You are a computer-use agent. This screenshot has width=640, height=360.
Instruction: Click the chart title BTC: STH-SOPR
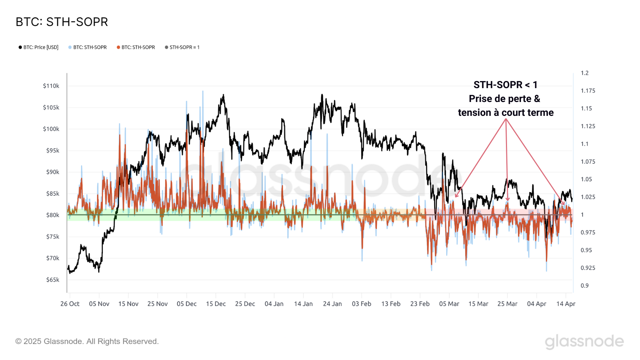point(62,22)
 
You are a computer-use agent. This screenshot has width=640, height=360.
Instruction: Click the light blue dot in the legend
point(70,47)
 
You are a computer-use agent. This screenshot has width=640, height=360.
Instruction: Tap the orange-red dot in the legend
point(118,47)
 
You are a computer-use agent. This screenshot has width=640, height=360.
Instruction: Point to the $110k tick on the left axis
point(51,86)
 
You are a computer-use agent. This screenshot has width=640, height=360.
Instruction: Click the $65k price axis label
point(53,280)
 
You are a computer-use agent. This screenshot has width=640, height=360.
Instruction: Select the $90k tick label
point(53,172)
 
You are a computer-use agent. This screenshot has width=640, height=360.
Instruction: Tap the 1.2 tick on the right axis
point(585,73)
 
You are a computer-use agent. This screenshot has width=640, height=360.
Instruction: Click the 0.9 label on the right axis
point(585,286)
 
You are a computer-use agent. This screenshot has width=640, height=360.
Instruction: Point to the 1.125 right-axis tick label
point(588,126)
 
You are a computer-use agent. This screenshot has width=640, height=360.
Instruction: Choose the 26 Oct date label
point(70,304)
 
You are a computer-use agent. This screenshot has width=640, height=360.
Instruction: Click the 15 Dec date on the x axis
point(216,304)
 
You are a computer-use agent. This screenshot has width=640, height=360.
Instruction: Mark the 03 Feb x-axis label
point(362,304)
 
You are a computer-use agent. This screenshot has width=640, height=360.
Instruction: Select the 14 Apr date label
point(566,304)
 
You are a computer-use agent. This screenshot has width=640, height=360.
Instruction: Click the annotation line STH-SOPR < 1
point(505,85)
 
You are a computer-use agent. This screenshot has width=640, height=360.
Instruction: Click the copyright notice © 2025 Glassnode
point(87,342)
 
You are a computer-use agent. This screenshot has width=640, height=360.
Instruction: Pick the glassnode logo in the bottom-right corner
point(584,342)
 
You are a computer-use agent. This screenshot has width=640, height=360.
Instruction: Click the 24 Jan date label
point(332,304)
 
